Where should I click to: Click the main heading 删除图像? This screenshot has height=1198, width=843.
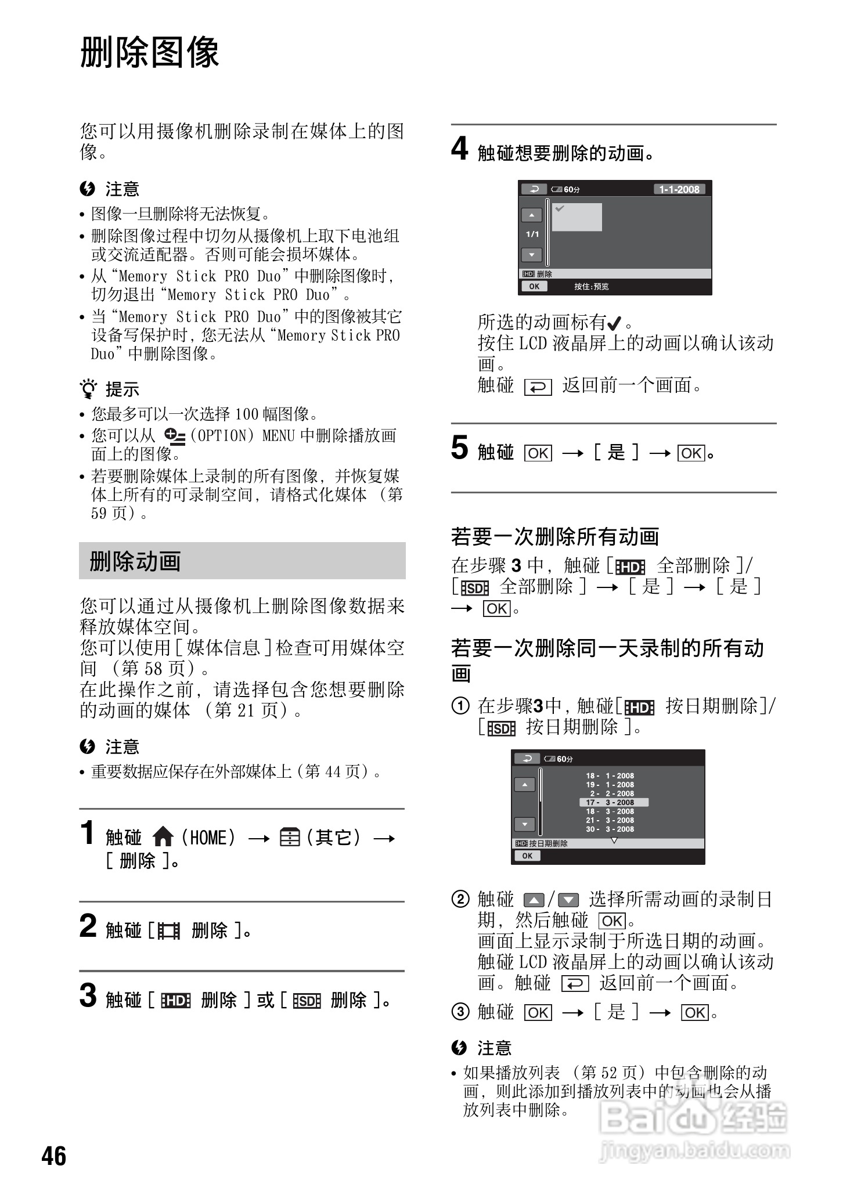(149, 52)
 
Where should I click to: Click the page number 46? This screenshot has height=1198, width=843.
(54, 1156)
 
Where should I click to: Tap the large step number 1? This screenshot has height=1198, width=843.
(88, 833)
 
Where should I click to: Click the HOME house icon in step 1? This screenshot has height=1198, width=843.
(163, 838)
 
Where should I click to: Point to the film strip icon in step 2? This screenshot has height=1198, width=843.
(169, 931)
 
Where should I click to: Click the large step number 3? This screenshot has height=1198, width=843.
(88, 996)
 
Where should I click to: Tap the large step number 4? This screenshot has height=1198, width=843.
(459, 149)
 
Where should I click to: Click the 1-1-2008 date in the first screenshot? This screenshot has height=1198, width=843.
(679, 189)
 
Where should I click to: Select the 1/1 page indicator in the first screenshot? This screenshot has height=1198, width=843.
(532, 234)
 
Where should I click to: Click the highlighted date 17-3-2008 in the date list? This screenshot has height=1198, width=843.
(614, 802)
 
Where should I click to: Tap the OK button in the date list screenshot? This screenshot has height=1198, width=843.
(527, 856)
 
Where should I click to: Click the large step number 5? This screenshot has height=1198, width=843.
(459, 449)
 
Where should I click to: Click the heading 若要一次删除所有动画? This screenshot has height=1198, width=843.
(555, 536)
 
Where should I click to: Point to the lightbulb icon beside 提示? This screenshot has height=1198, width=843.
(88, 388)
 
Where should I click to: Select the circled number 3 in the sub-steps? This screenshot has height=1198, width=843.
(460, 1012)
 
